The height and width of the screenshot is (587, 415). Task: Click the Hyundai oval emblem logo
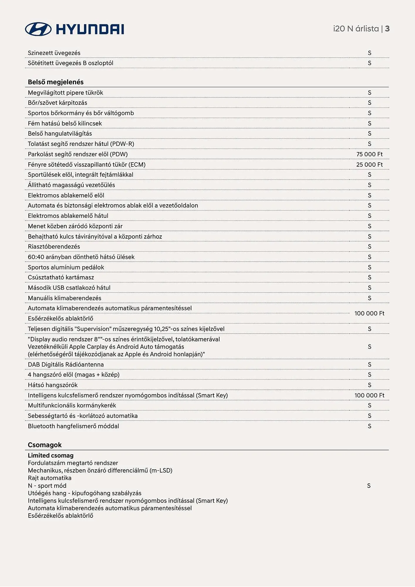tap(38, 29)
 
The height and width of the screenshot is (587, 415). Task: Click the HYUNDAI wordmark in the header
tap(90, 29)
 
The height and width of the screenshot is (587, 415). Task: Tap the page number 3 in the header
tap(387, 28)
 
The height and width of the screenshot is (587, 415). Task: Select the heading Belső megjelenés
tap(56, 82)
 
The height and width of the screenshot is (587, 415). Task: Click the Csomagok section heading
tap(45, 445)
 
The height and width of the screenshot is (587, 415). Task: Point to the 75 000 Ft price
tap(369, 154)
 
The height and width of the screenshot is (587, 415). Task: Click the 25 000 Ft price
tap(369, 164)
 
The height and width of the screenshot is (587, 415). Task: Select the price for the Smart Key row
tap(369, 395)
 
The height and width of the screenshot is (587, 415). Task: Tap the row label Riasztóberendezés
tap(54, 247)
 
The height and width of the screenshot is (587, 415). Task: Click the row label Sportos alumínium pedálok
tap(66, 267)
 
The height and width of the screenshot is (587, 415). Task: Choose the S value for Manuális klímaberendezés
tap(370, 298)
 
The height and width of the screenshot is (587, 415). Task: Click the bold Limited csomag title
tap(51, 455)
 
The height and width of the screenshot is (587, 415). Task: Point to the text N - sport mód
tap(47, 485)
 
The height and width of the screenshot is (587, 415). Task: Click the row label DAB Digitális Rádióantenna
tap(66, 364)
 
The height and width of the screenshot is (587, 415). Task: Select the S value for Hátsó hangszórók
tap(370, 385)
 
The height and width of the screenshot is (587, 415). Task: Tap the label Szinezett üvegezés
tap(54, 53)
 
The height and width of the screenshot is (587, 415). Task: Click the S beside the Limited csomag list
tap(369, 485)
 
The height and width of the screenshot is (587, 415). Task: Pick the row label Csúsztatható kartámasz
tap(61, 277)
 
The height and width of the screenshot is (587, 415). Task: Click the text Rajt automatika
tap(50, 478)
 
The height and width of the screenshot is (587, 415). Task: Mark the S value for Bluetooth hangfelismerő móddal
tap(370, 426)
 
